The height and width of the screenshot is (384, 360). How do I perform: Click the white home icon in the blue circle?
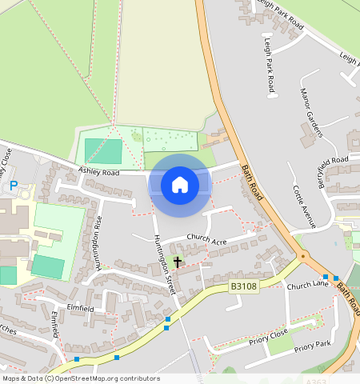point(180,186)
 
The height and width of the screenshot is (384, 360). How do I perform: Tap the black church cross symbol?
point(177,261)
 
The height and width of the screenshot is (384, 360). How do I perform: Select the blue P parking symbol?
point(14,186)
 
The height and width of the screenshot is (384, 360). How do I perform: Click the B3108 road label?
point(243,286)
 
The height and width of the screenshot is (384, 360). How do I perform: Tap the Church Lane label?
point(308,285)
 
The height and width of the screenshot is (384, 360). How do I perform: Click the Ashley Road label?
point(98,171)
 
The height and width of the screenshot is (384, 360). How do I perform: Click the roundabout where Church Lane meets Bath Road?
point(302,256)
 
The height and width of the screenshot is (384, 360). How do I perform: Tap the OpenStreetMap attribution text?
point(80,378)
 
